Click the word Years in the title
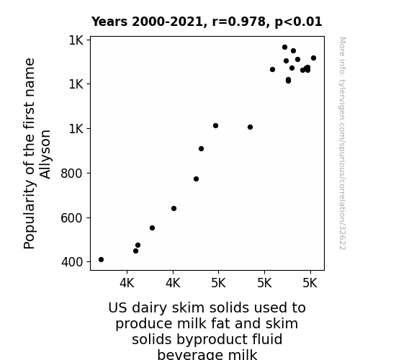(109, 22)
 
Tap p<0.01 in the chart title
(298, 22)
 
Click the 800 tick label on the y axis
(72, 174)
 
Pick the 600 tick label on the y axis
(72, 218)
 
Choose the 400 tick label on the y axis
(72, 262)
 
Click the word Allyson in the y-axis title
(45, 154)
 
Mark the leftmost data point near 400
(101, 260)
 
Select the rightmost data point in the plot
(313, 58)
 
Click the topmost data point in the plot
(284, 48)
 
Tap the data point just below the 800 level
(196, 179)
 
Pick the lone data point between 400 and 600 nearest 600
(152, 228)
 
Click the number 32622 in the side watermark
(342, 238)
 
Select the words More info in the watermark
(342, 51)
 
